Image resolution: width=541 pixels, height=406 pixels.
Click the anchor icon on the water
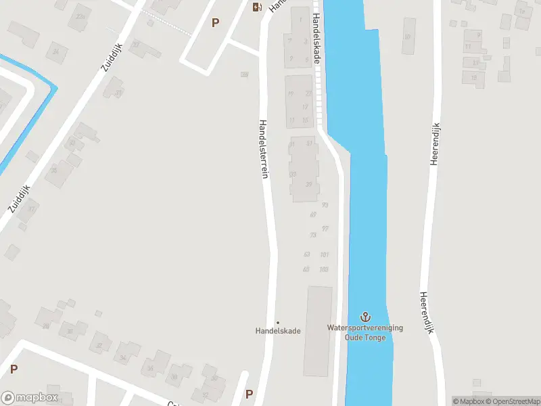click(x=365, y=317)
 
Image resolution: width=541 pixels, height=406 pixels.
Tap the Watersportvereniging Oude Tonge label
click(x=365, y=332)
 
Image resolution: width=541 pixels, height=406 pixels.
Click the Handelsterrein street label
click(x=264, y=150)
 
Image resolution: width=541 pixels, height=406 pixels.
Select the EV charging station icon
click(x=257, y=7)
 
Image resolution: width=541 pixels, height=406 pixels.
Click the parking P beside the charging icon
click(x=215, y=22)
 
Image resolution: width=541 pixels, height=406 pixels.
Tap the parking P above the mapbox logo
click(x=14, y=369)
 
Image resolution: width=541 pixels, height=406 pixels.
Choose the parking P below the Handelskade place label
click(x=249, y=394)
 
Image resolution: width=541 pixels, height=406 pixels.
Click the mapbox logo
click(x=30, y=398)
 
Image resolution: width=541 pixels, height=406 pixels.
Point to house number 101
click(x=325, y=254)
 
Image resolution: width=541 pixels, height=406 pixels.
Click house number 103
click(x=324, y=269)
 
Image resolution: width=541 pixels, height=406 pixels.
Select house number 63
click(x=307, y=254)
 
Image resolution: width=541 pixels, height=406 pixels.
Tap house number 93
click(x=325, y=205)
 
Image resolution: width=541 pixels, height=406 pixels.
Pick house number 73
click(x=312, y=235)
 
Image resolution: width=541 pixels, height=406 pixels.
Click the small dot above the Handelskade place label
click(x=277, y=322)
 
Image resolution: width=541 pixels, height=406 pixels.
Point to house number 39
click(x=309, y=184)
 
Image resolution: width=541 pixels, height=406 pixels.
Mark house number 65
click(x=306, y=269)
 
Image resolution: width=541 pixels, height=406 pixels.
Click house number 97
click(x=325, y=229)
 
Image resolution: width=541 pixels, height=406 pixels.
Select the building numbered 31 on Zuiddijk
click(x=119, y=93)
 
